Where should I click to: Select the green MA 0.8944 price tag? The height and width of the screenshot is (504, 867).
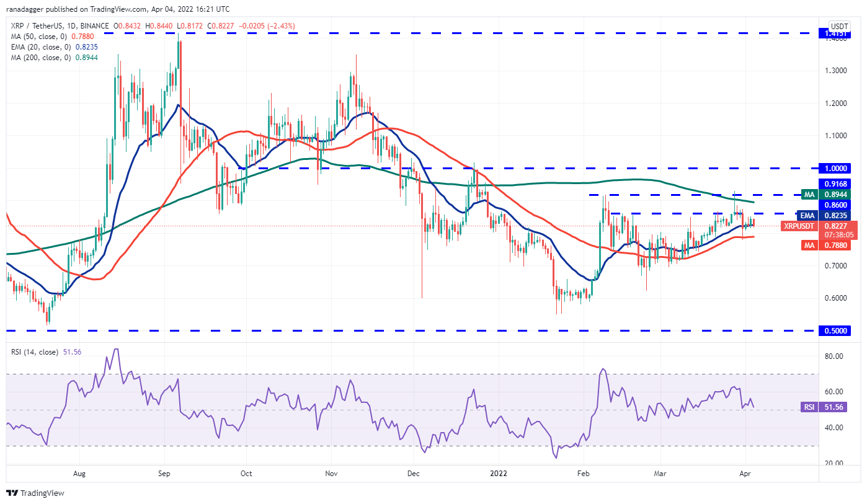834,194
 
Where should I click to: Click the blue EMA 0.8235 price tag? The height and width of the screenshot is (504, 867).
834,215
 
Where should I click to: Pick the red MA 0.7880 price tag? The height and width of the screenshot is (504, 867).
834,245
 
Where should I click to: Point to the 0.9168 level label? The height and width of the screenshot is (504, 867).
834,183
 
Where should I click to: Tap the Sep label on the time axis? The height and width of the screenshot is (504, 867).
164,473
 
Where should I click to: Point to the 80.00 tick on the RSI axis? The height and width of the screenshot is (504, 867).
833,356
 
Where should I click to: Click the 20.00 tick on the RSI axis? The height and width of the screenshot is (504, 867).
833,464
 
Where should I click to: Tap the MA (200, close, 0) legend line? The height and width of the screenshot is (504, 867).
43,58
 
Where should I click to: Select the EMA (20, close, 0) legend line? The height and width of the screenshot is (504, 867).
45,46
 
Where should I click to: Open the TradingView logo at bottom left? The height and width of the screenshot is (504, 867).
35,493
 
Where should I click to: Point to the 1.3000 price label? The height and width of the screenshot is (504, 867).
833,70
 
